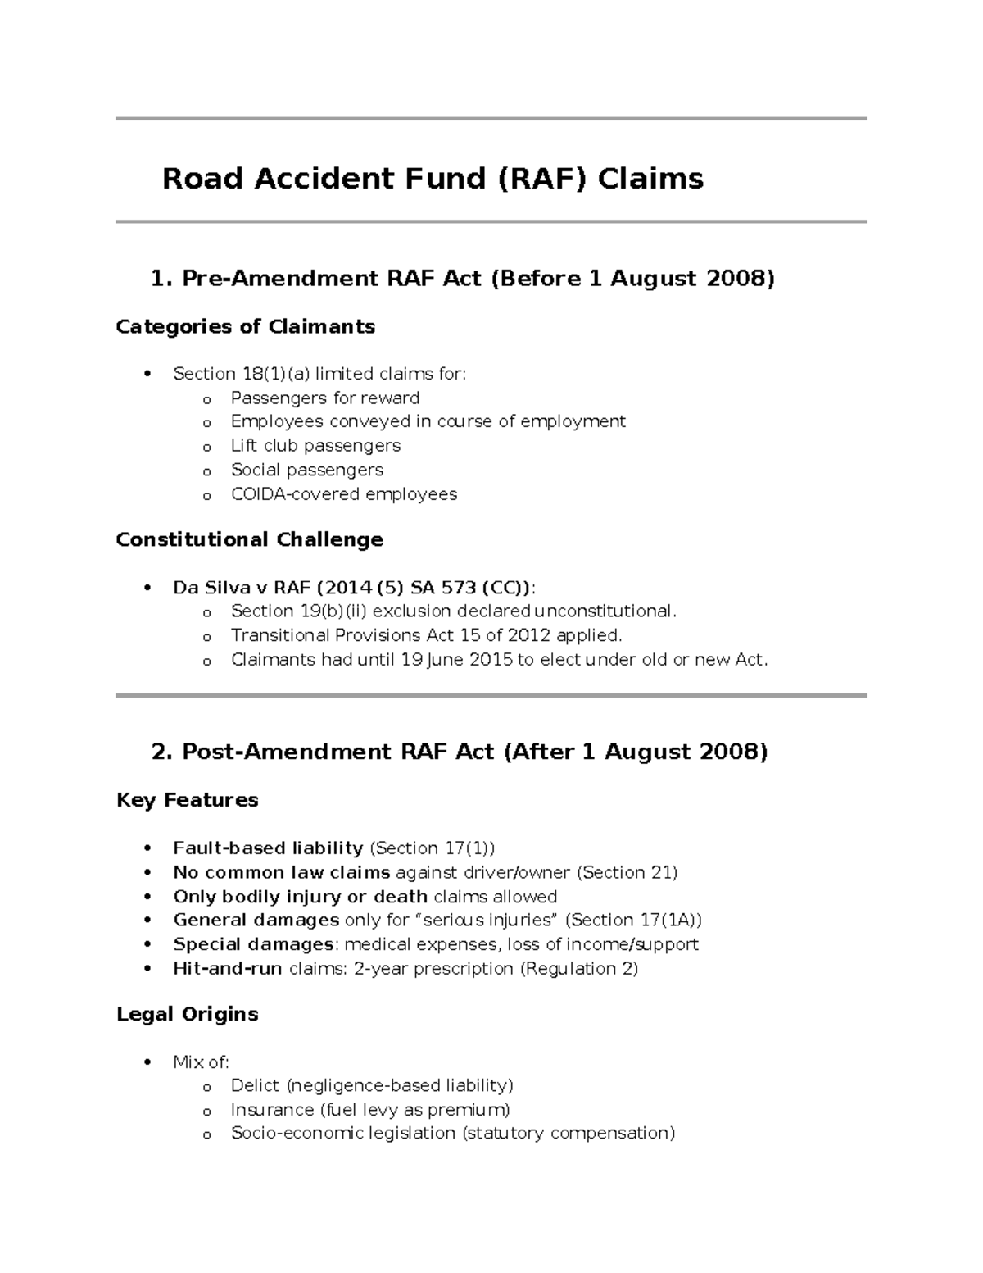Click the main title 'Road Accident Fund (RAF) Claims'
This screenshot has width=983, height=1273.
(433, 178)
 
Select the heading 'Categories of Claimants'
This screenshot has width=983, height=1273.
(245, 326)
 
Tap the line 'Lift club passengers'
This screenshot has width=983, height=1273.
(315, 445)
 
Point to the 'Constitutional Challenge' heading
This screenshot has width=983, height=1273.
(249, 539)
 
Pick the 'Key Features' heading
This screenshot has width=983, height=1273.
(187, 800)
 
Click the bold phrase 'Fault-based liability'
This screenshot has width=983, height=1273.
(268, 848)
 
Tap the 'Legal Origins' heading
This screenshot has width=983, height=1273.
(187, 1014)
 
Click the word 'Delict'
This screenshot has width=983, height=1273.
(255, 1085)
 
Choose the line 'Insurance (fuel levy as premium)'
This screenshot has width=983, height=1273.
(370, 1109)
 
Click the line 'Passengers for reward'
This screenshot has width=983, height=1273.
(324, 398)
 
